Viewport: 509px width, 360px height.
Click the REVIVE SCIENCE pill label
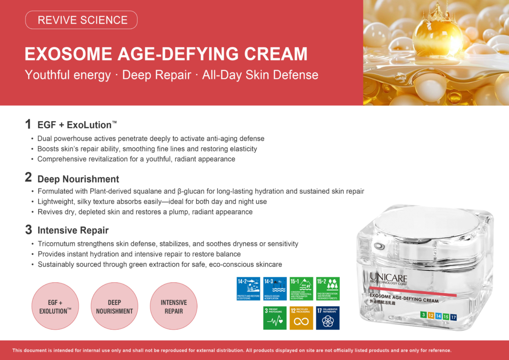82,20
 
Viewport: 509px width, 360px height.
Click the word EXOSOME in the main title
61,54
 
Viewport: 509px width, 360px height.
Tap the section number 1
28,124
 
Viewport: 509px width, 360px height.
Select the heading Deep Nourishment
78,179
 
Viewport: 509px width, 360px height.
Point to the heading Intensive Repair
73,230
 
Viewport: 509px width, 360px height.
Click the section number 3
28,230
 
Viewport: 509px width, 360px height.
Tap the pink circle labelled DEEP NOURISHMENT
115,306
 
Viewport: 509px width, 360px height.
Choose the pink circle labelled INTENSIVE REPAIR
173,306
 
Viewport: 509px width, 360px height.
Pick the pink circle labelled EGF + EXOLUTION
55,306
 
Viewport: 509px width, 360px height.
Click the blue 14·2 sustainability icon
248,288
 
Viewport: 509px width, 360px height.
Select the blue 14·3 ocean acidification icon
274,288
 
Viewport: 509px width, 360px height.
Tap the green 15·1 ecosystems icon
301,288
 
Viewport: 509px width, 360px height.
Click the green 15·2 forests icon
328,288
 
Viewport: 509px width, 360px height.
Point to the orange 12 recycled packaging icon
301,318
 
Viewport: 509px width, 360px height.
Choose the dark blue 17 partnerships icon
328,318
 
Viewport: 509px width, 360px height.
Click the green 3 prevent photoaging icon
275,318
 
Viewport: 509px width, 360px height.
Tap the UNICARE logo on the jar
388,278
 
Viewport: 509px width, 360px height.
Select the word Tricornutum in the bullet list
56,244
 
